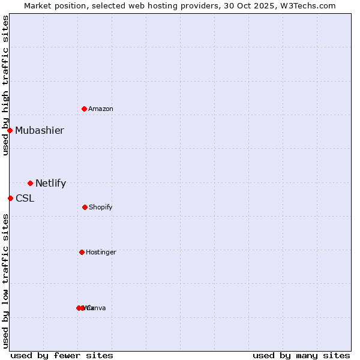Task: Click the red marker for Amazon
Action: coord(85,109)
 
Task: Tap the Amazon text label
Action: coord(101,109)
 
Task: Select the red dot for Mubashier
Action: coord(10,130)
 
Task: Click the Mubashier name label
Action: coord(40,131)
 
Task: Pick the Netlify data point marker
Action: coord(30,183)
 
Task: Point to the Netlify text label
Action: coord(51,184)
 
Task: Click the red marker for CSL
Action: coord(10,198)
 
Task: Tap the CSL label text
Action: coord(25,199)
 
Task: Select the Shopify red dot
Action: coord(85,207)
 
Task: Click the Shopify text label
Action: coord(101,208)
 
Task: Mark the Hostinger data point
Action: coord(82,252)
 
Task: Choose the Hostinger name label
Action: coord(101,253)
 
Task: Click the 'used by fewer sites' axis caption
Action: coord(62,355)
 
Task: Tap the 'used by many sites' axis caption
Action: coord(301,355)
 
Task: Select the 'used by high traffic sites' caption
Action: coord(5,85)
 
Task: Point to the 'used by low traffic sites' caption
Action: coord(5,281)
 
